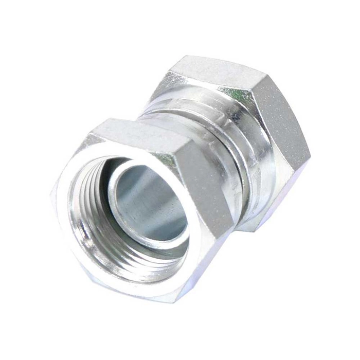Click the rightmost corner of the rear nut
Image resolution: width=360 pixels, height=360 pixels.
click(311, 154)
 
